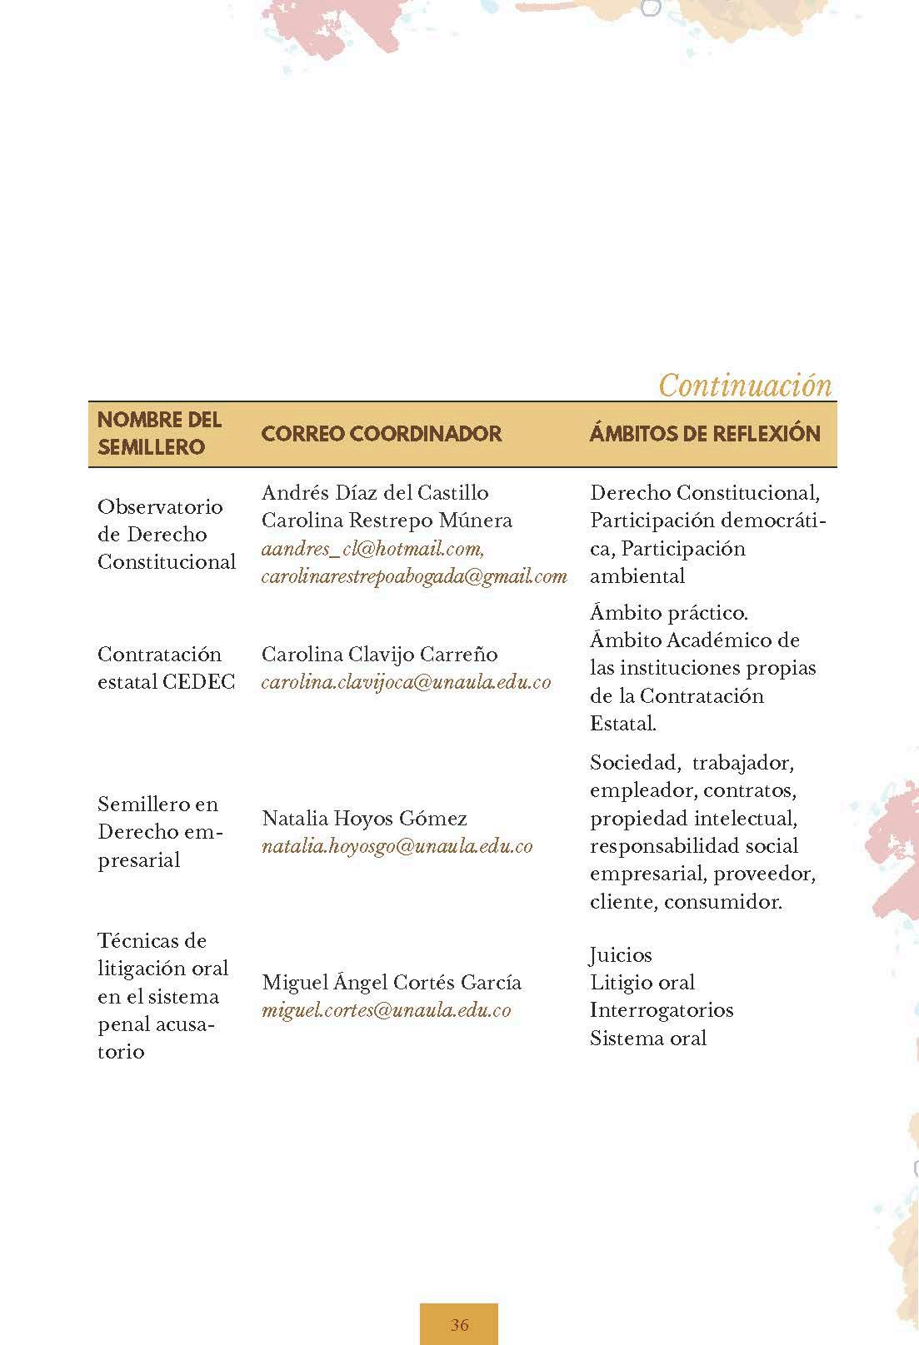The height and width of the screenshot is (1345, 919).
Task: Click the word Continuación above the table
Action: (x=745, y=385)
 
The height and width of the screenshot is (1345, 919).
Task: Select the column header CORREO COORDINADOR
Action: (x=382, y=433)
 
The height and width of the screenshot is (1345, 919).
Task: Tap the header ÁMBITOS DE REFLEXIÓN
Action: (x=705, y=433)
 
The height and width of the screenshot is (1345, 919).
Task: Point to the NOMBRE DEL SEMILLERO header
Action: (x=160, y=433)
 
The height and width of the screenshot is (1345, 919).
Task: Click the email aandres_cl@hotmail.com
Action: (x=372, y=548)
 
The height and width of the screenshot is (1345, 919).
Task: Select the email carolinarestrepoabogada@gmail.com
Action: (x=414, y=575)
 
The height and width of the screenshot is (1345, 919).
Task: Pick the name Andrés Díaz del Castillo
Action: (x=375, y=492)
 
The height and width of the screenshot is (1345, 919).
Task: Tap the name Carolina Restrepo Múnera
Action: (x=387, y=521)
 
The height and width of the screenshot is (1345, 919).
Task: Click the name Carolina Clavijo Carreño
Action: (x=379, y=654)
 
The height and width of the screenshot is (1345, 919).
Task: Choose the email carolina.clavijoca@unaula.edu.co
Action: (x=406, y=681)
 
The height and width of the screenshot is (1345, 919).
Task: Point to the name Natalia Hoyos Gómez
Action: (x=364, y=818)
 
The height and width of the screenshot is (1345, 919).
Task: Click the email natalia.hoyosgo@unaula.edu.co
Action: (x=397, y=846)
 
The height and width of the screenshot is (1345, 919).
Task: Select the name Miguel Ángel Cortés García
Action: (x=392, y=982)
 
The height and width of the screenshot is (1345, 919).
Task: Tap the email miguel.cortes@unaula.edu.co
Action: (x=386, y=1010)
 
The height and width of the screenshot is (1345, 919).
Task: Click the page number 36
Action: (x=459, y=1324)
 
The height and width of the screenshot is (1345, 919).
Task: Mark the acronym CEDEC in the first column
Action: (x=199, y=681)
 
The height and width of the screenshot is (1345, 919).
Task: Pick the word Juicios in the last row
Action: (x=621, y=954)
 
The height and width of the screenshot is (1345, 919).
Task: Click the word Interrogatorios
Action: (x=662, y=1010)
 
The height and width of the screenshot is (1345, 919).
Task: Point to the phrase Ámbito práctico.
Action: (x=669, y=612)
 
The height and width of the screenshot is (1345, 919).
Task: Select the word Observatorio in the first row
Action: (x=160, y=506)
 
